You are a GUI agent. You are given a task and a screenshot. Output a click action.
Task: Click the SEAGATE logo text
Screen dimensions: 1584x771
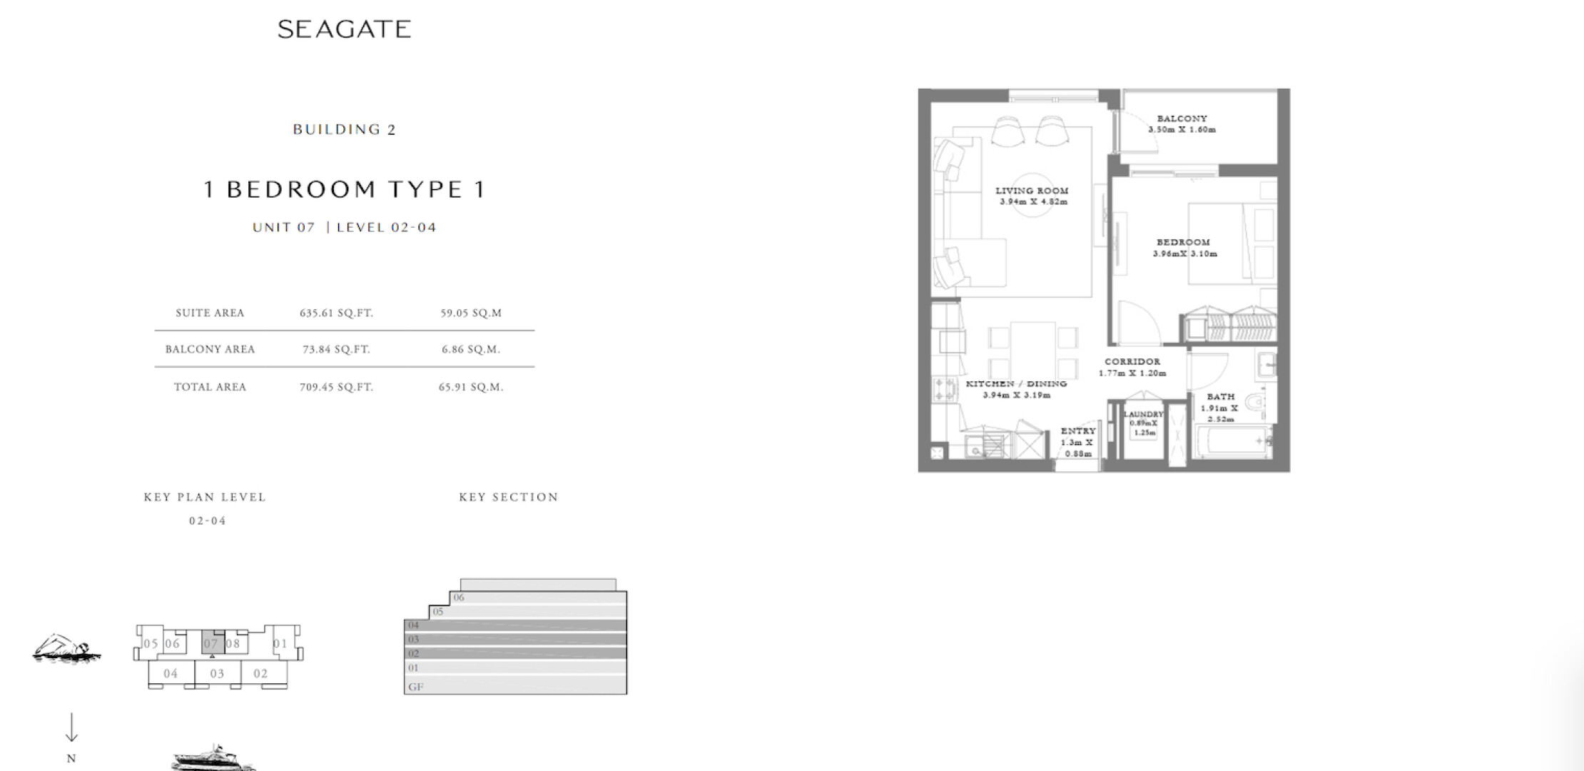point(344,29)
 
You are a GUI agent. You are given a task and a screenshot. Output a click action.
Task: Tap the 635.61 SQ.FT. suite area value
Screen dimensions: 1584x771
point(336,313)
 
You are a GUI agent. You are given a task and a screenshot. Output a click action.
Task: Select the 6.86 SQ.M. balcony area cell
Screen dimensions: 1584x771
point(471,349)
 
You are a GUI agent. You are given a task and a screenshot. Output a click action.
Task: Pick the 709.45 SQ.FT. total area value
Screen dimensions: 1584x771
point(336,387)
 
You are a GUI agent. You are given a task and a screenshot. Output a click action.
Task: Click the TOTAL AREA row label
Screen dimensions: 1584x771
point(210,387)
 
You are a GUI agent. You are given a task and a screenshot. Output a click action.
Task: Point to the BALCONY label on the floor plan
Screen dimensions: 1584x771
point(1182,119)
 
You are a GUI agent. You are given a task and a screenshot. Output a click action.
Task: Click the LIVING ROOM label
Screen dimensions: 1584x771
point(1032,191)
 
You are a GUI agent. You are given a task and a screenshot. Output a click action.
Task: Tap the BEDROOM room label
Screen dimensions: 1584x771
point(1183,242)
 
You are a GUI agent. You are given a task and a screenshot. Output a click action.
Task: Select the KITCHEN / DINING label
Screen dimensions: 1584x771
point(1016,383)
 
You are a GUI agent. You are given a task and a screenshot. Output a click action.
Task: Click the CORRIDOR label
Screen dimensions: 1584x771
point(1132,361)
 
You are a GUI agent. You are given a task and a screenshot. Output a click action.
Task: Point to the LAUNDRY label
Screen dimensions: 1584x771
point(1143,414)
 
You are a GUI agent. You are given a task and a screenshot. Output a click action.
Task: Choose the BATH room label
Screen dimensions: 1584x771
point(1221,396)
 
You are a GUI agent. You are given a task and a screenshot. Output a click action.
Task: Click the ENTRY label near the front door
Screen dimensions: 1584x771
point(1078,430)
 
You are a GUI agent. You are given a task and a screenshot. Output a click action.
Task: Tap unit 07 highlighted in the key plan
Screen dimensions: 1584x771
point(211,642)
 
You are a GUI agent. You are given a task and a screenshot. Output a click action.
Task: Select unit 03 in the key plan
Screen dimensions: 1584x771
point(217,673)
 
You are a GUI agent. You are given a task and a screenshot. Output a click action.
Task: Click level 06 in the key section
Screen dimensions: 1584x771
point(459,598)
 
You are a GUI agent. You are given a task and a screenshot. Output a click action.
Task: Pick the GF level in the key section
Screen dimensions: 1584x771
point(415,687)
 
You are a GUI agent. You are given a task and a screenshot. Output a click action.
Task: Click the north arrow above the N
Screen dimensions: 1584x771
point(71,727)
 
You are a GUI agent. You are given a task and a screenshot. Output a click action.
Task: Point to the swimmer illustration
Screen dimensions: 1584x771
point(66,649)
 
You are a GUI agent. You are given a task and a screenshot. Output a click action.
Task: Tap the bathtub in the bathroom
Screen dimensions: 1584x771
point(1233,443)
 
